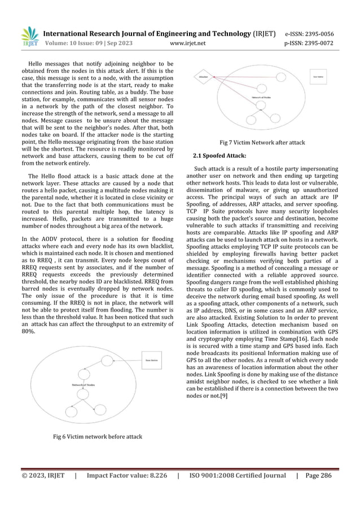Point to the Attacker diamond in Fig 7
click(204, 76)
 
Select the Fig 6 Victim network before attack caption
click(97, 436)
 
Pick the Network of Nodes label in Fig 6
click(83, 385)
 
